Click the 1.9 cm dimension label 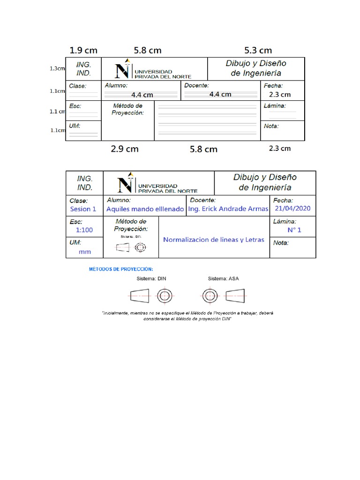pos(83,50)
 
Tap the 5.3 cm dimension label pos(258,50)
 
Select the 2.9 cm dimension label pos(125,149)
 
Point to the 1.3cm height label pos(57,68)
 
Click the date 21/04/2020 pos(292,209)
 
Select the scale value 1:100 pos(84,230)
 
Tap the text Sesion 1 pos(83,209)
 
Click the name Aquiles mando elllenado pos(145,209)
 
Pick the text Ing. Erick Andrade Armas pos(228,209)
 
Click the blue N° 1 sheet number pos(294,230)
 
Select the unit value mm pos(84,252)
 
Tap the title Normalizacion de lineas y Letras pos(214,240)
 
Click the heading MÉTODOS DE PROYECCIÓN pos(121,269)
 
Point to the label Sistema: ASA pos(223,278)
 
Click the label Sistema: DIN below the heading pos(151,278)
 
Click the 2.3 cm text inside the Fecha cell pos(280,94)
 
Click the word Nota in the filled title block pos(281,243)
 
